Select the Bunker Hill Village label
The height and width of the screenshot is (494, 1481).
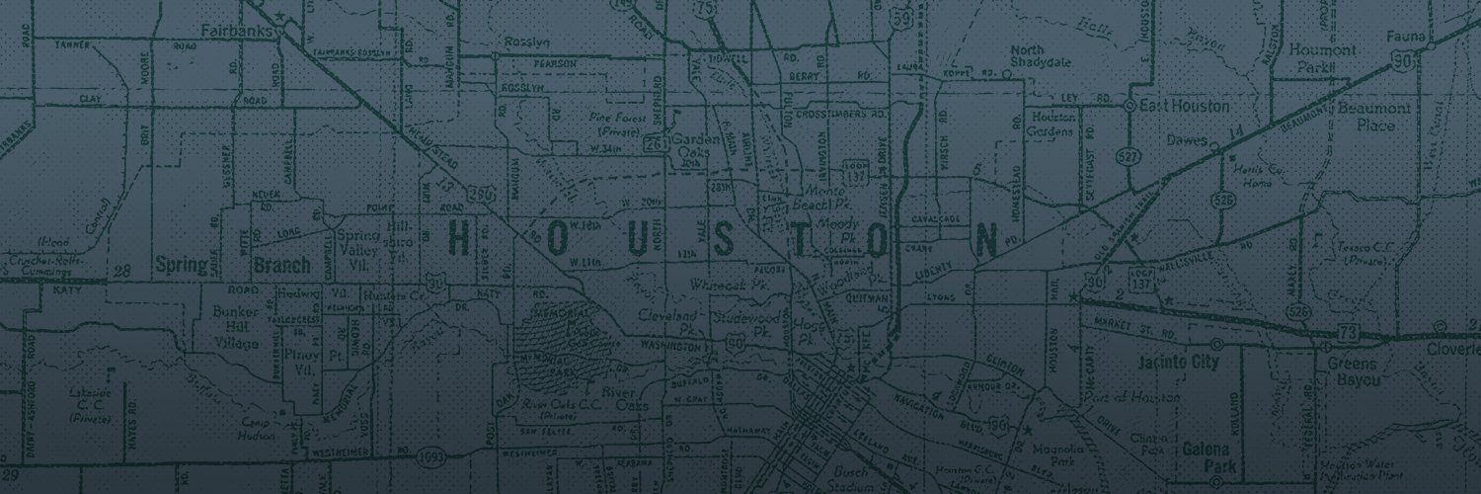point(235,328)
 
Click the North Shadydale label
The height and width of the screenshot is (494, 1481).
point(1034,60)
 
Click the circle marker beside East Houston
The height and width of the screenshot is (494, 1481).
point(1130,104)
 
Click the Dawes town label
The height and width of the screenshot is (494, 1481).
point(1186,139)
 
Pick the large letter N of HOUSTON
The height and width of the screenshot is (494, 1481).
point(985,240)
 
